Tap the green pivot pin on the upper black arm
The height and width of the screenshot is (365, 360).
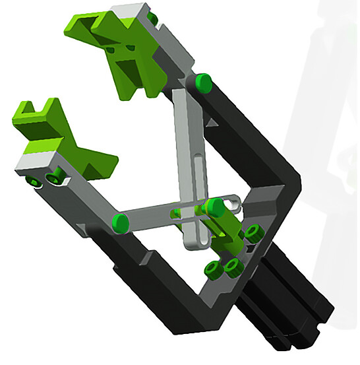(x=203, y=83)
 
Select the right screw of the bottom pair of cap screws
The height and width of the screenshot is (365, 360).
(x=232, y=266)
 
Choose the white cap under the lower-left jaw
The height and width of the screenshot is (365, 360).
(x=33, y=160)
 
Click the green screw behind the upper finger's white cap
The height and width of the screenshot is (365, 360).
(x=153, y=17)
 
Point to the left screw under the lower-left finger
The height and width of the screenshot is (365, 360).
(x=32, y=180)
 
